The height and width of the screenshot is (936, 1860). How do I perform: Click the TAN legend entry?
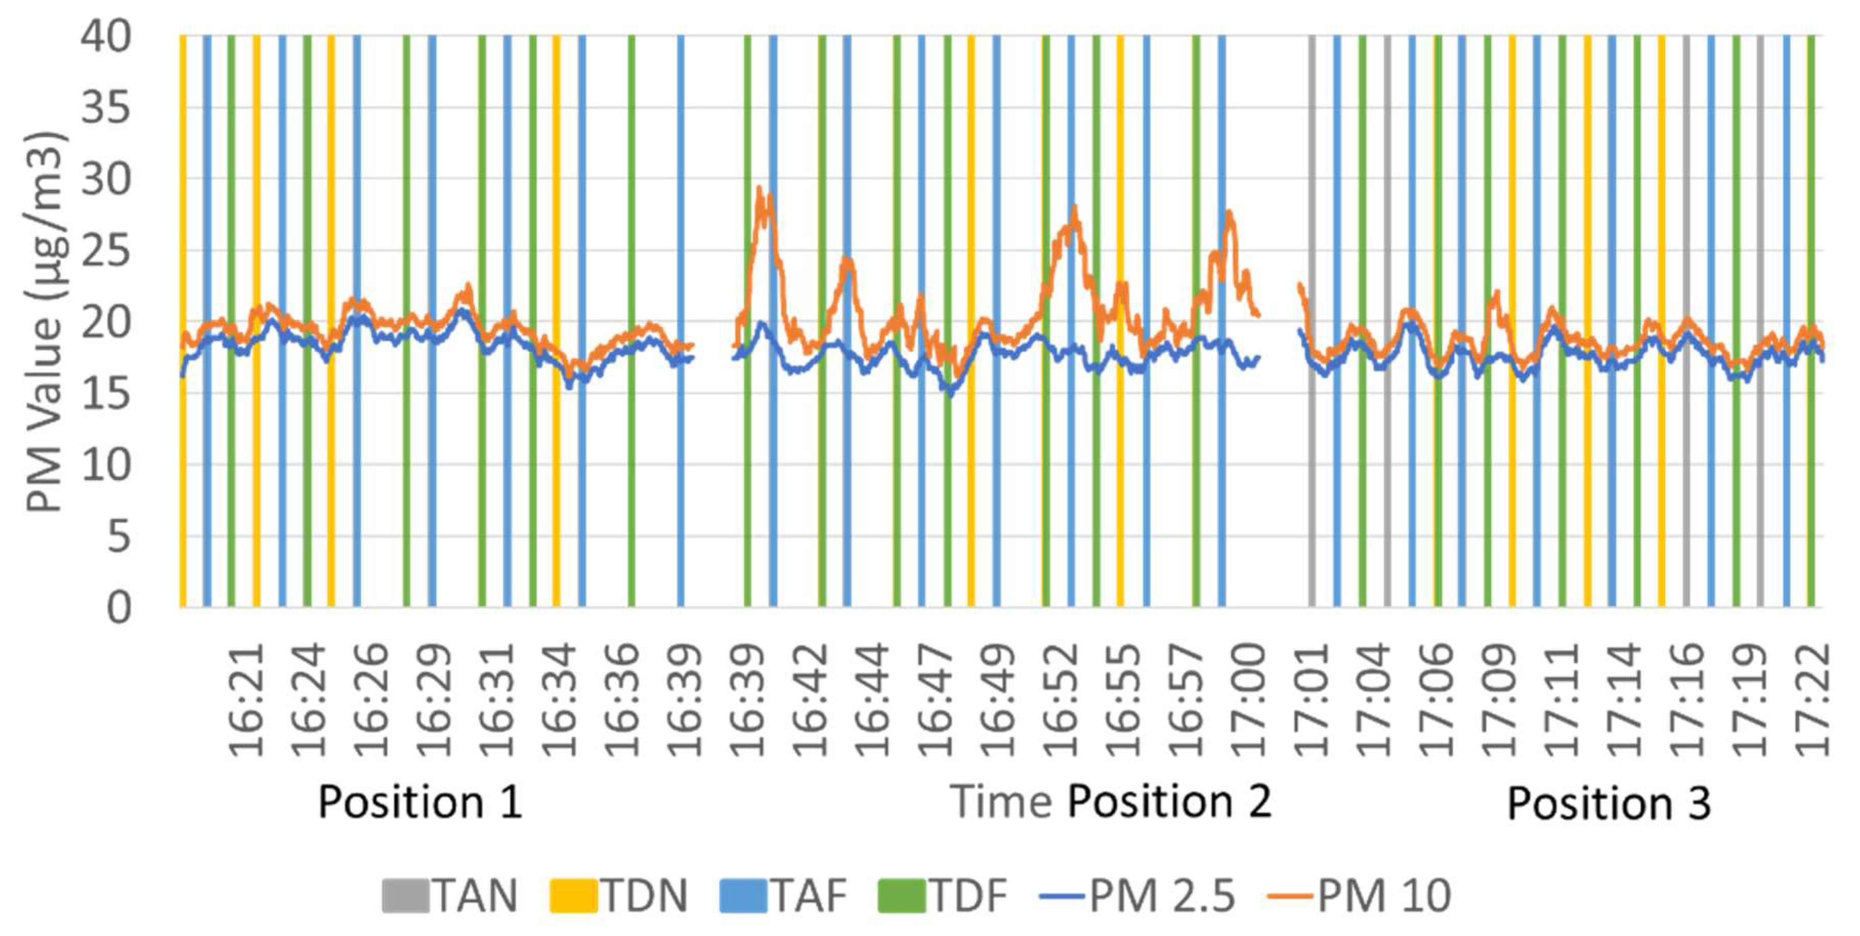[x=451, y=896]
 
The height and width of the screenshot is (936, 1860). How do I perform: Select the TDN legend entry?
[x=619, y=896]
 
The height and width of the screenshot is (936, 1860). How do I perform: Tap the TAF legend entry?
[x=783, y=896]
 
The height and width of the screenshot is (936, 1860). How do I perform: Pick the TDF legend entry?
[x=942, y=896]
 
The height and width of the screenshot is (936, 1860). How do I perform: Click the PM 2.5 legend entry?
[x=1138, y=896]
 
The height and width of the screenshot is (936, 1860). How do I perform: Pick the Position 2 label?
[x=1170, y=802]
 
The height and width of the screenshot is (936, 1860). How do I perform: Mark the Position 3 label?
[x=1609, y=803]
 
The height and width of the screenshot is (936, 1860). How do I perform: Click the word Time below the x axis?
[x=1000, y=802]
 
